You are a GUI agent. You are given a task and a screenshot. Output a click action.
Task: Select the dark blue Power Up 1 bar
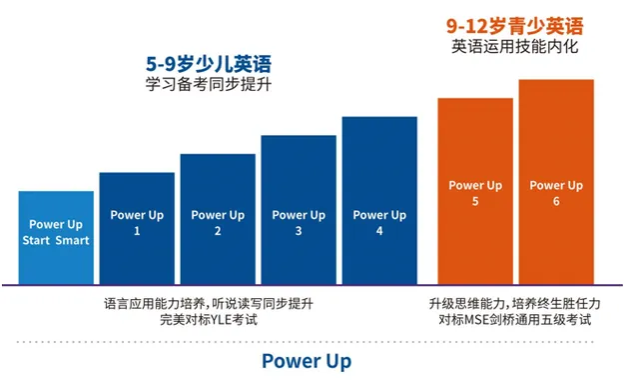[137, 228]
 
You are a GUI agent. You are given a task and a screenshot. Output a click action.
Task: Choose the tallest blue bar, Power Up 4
[379, 200]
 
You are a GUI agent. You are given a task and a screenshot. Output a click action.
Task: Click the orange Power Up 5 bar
[475, 190]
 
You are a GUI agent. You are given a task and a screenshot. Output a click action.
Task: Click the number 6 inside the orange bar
[556, 201]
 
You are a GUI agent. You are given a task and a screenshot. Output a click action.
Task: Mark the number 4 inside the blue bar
[379, 231]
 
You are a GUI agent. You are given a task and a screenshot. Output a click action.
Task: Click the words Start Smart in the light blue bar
[56, 240]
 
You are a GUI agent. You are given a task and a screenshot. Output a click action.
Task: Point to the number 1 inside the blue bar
[137, 231]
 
